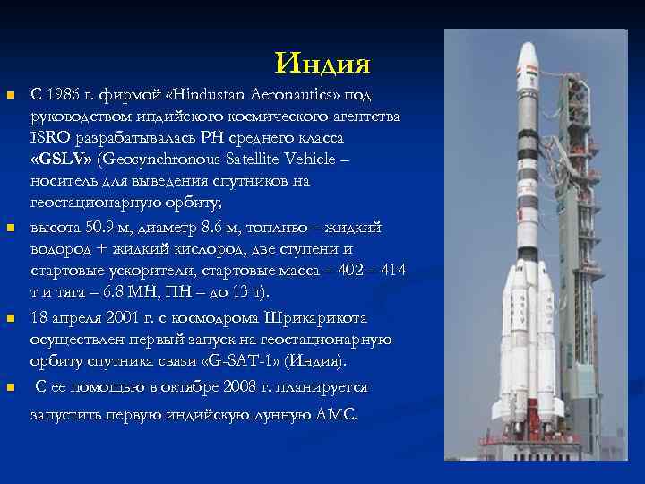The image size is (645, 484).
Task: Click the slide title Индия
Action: [x=322, y=63]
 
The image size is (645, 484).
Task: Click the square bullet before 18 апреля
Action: [x=11, y=318]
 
